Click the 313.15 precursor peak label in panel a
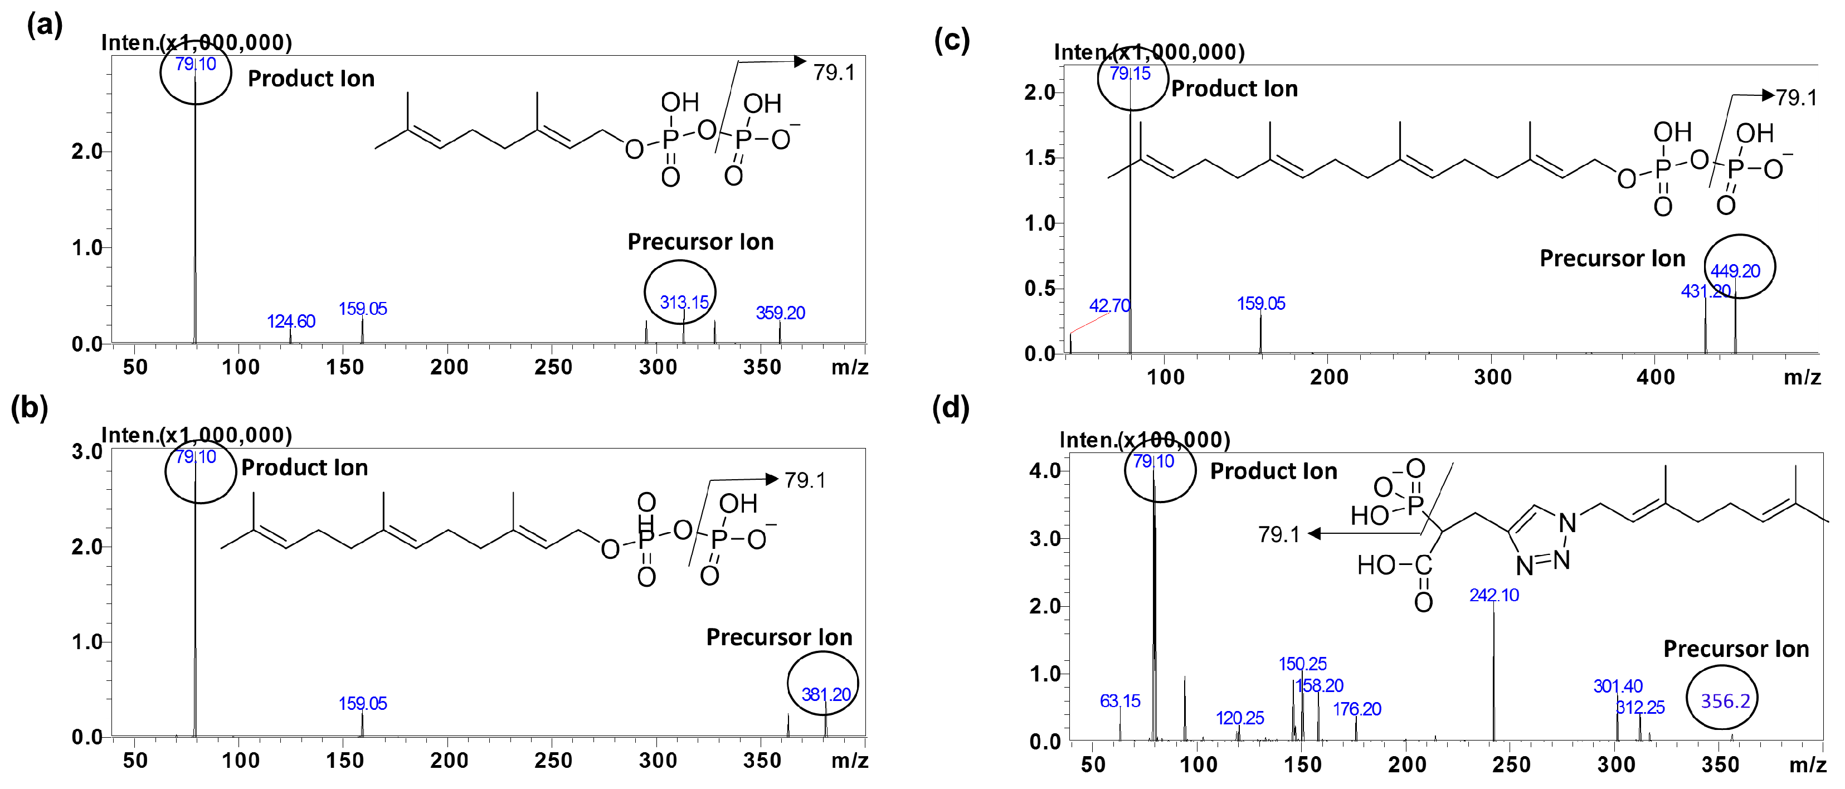684,302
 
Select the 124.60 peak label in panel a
291,322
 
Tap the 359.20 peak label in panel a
780,313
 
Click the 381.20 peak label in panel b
826,694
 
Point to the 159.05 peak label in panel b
362,704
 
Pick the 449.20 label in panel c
1735,271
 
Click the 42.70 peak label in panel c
1109,306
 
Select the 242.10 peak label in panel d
1493,595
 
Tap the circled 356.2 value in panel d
1725,701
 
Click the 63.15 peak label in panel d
1119,701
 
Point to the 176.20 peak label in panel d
1356,709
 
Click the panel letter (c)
951,40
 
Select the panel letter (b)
30,407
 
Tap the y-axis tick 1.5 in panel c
1039,158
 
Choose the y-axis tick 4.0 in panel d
1044,471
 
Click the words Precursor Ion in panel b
778,637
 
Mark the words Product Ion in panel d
1273,471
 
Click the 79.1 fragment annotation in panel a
834,72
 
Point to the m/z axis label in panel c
1802,377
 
